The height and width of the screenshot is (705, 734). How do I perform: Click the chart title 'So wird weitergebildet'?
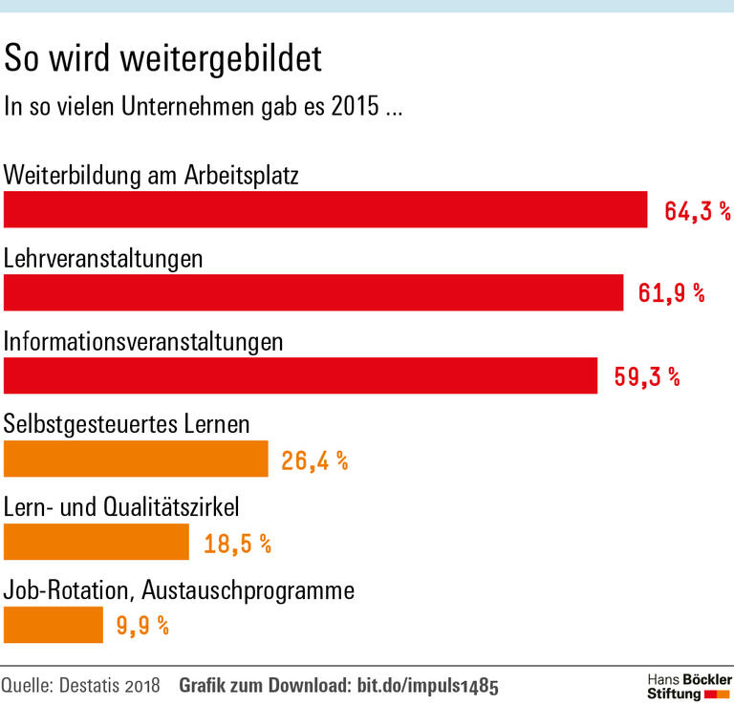point(163,59)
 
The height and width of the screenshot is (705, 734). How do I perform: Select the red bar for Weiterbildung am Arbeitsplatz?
point(326,209)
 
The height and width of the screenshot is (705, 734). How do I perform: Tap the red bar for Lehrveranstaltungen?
point(313,292)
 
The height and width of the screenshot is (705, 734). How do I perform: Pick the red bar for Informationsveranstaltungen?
point(300,375)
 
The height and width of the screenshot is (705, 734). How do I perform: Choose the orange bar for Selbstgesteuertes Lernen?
point(136,459)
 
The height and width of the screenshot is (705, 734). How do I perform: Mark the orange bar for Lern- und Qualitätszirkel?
point(97,542)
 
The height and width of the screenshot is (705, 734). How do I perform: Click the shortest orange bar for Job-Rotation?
point(54,625)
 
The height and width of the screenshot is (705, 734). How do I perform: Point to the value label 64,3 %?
point(698,211)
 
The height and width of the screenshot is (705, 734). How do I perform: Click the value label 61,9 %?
point(672,293)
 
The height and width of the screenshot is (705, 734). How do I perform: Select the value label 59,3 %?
point(647,376)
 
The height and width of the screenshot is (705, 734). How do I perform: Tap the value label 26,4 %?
point(314,460)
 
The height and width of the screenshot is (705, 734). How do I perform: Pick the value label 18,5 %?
point(238,544)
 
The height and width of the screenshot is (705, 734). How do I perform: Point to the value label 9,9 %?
point(143,627)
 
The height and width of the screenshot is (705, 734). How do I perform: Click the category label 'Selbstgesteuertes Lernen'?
point(127,422)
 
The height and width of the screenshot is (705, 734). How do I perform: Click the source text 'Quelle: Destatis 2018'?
point(82,686)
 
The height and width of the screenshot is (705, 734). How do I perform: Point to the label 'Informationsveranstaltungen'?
point(143,340)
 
